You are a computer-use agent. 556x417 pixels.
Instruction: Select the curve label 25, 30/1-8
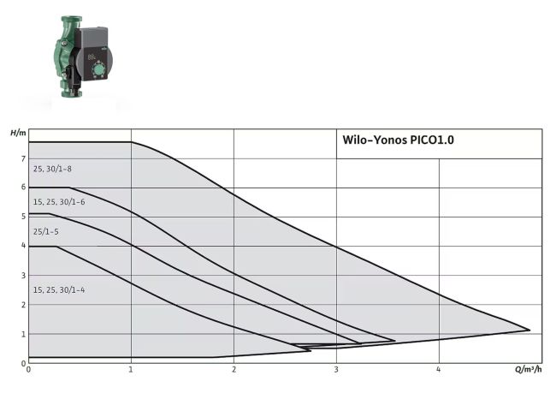tap(53, 169)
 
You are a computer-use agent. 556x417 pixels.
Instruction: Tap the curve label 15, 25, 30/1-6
tap(59, 202)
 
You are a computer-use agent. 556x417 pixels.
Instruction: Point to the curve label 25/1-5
tap(44, 231)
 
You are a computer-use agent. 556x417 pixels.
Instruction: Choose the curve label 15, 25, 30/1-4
tap(59, 291)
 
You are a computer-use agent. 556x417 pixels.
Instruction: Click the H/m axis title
tap(18, 133)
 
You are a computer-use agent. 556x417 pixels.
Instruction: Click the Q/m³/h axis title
tap(529, 370)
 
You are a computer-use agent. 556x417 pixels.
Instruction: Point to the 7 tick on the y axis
tap(23, 158)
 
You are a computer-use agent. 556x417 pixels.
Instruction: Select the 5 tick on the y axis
tap(23, 217)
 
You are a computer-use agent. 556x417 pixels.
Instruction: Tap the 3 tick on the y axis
tap(23, 276)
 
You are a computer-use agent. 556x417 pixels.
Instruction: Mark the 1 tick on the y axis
tap(23, 334)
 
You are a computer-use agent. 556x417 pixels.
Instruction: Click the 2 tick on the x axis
tap(234, 370)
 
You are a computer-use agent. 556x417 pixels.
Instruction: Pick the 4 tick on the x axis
tap(439, 370)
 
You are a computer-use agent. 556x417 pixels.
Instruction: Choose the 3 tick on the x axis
tap(336, 370)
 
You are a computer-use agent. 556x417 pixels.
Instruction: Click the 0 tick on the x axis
tap(29, 370)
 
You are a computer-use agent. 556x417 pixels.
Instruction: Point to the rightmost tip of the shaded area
tap(529, 330)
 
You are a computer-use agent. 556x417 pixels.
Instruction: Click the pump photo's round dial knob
tap(101, 68)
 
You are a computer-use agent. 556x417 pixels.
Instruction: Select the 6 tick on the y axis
tap(23, 188)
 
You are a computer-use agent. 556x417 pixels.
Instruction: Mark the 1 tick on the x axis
tap(131, 370)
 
